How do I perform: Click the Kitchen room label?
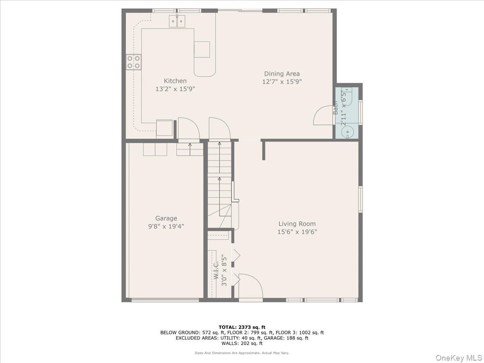(175, 81)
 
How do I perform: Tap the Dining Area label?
(282, 73)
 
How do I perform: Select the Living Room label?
(297, 223)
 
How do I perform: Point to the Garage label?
(166, 218)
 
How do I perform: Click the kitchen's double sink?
(177, 20)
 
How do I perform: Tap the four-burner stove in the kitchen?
(134, 62)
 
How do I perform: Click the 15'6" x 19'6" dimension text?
(297, 232)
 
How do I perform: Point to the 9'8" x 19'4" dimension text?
(166, 226)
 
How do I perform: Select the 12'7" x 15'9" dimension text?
(282, 81)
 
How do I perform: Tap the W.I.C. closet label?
(216, 270)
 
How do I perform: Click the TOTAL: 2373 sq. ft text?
(242, 327)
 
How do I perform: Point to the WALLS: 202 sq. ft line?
(242, 343)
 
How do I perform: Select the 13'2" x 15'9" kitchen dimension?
(175, 89)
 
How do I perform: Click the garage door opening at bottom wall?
(165, 300)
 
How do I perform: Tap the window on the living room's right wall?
(361, 199)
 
